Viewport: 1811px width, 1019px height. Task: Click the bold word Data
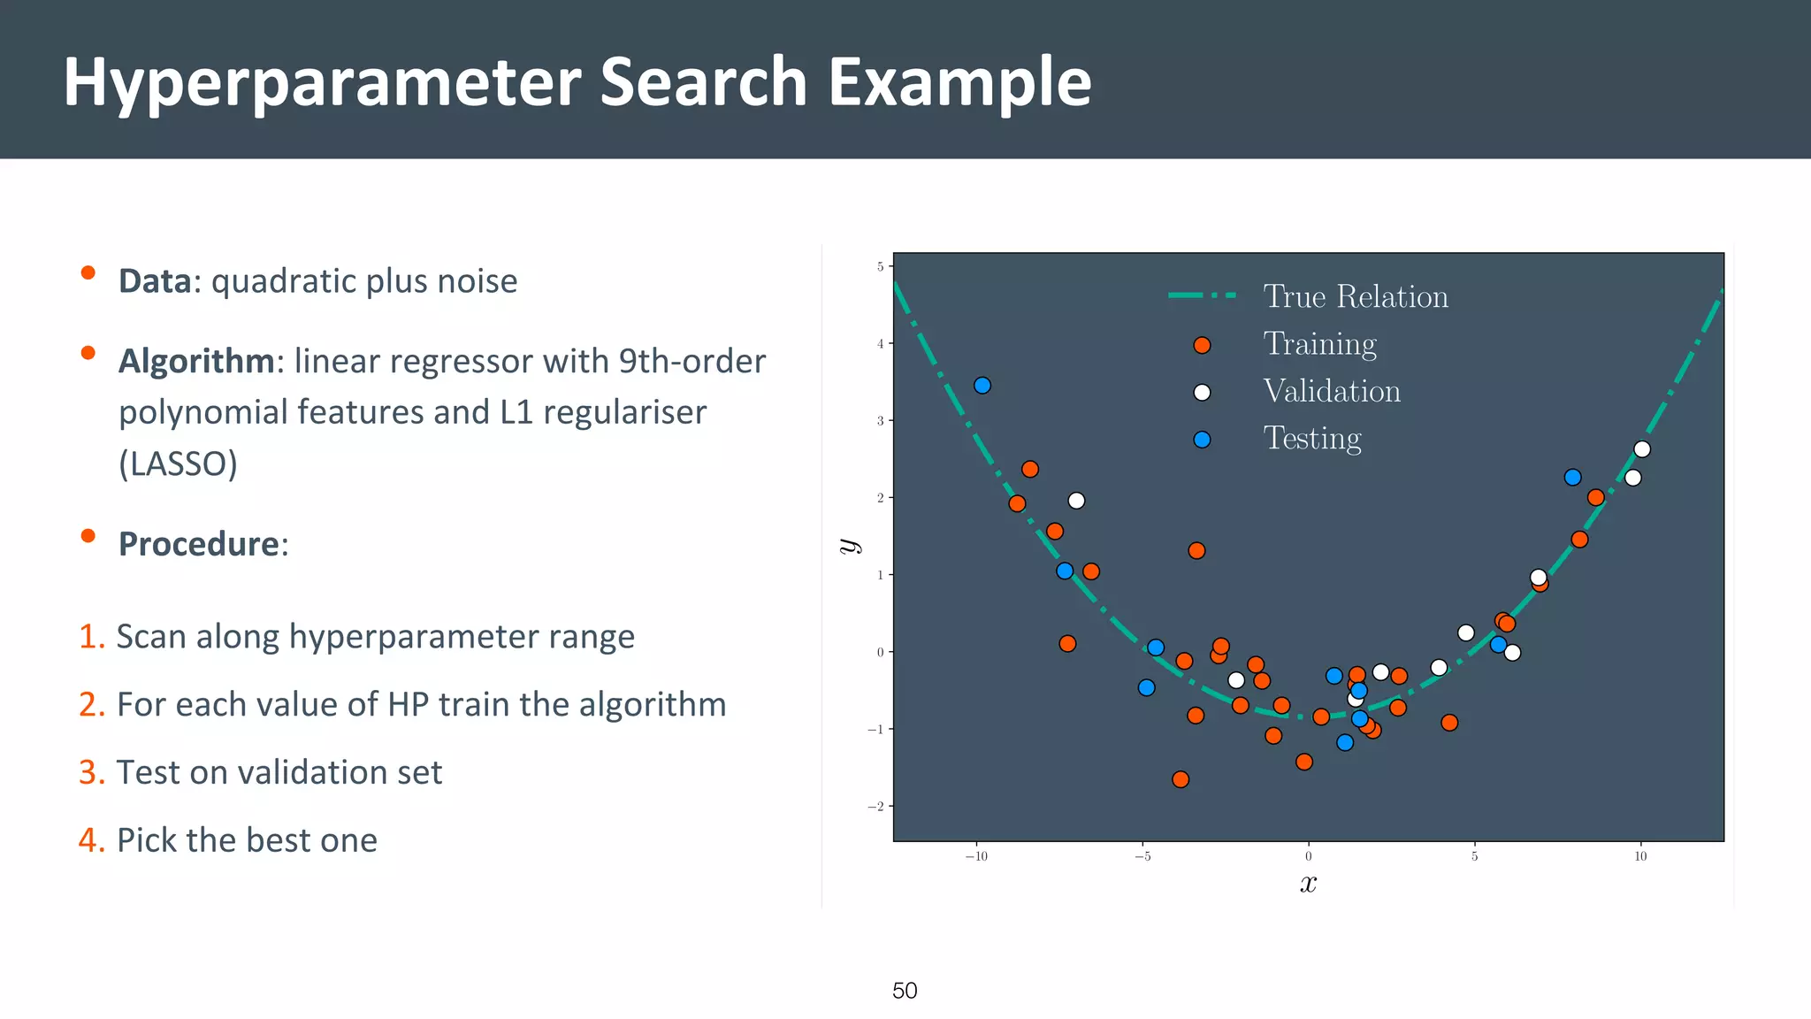[155, 281]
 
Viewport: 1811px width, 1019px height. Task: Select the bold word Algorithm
[196, 362]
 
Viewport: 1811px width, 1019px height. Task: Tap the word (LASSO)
[179, 464]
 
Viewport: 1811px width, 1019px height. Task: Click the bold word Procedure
[199, 544]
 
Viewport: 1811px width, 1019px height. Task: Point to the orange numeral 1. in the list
[91, 637]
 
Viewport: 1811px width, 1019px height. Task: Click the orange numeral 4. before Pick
[91, 840]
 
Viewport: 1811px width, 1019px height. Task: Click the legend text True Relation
[1355, 296]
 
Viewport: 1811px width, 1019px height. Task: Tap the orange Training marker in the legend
[1202, 345]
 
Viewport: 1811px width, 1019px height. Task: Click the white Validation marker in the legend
[1202, 393]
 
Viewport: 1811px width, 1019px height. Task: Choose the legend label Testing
[1311, 439]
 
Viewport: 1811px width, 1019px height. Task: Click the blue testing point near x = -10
[982, 386]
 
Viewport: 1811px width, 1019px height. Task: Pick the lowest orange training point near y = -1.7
[1181, 779]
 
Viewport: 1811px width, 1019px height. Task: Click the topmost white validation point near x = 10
[1642, 449]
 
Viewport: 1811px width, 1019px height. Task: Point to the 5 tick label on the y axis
[880, 266]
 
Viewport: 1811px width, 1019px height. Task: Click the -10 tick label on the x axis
[975, 856]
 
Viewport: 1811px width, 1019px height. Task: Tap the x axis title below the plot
[1308, 884]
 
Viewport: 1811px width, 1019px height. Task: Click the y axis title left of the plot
[850, 546]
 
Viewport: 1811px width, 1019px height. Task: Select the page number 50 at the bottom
[905, 991]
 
